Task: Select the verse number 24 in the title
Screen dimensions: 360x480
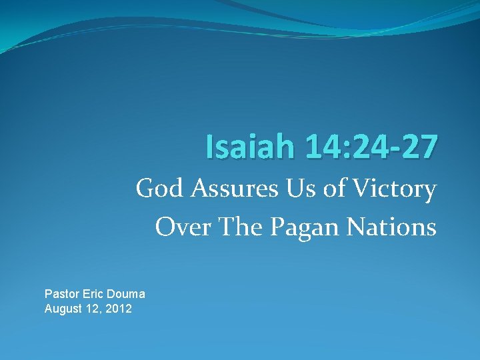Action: [364, 147]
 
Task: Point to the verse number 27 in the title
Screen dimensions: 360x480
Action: [419, 147]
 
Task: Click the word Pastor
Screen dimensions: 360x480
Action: [61, 294]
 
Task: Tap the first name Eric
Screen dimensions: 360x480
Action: [93, 294]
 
